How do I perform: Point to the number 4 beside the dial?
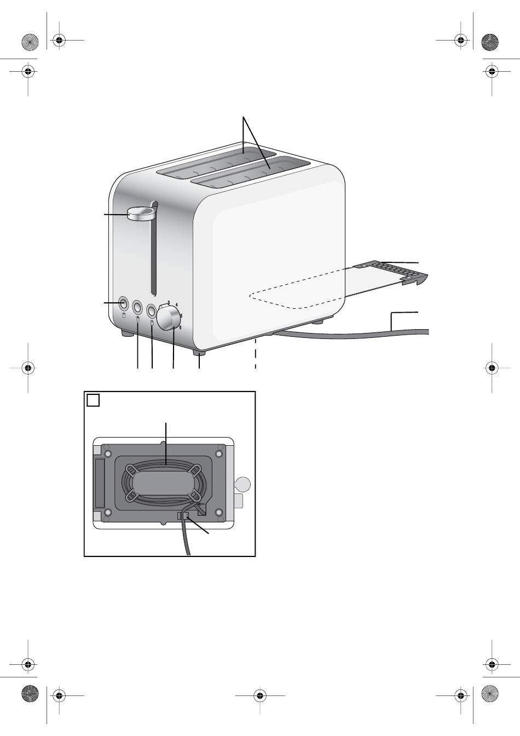click(x=177, y=304)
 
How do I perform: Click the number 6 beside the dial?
click(x=180, y=327)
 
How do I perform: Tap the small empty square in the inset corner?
click(x=93, y=400)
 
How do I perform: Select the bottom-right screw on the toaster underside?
click(x=218, y=513)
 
